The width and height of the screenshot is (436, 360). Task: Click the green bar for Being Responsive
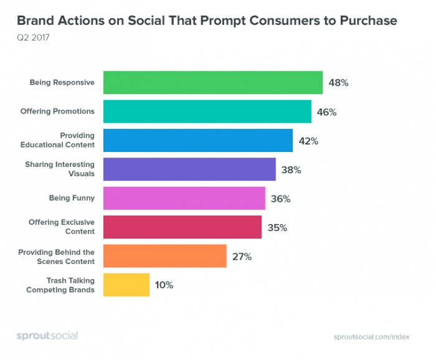coord(212,83)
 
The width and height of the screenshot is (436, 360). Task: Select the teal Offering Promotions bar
coord(207,111)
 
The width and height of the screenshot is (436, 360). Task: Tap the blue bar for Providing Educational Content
coord(197,140)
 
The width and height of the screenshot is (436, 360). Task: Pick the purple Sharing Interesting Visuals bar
coord(189,169)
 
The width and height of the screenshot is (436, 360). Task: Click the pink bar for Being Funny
coord(184,198)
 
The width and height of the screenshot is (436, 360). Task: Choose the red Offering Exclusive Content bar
coord(182,227)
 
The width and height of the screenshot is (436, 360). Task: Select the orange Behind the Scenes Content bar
coord(164,256)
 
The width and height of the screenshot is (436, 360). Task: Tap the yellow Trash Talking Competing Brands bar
coord(126,285)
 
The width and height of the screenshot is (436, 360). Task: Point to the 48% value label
coord(338,83)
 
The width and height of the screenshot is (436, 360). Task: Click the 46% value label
coord(327,112)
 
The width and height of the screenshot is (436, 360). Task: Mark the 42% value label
coord(308,141)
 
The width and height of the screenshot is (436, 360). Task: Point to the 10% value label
coord(164,285)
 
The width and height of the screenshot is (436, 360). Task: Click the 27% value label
coord(242,256)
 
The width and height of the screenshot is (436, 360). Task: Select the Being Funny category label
coord(72,198)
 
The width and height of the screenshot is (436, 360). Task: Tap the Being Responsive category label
coord(62,83)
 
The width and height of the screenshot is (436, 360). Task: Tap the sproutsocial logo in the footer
coord(47,336)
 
